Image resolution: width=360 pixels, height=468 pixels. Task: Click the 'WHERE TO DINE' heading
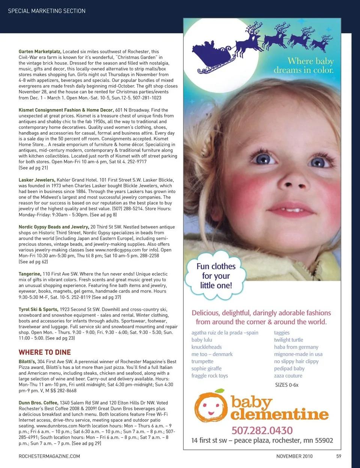click(x=45, y=352)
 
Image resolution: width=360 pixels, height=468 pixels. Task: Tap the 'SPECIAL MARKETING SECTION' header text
click(x=46, y=11)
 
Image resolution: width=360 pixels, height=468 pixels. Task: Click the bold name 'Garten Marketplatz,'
click(x=40, y=51)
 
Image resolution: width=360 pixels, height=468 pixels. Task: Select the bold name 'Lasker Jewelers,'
click(x=37, y=180)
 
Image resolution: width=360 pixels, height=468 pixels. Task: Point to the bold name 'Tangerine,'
click(x=30, y=274)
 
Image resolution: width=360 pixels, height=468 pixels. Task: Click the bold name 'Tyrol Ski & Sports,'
click(x=38, y=310)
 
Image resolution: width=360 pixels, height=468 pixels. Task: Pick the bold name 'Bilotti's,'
click(x=27, y=362)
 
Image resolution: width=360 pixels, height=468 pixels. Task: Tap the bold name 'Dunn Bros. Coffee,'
click(x=38, y=403)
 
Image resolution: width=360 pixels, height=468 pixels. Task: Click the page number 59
click(x=339, y=456)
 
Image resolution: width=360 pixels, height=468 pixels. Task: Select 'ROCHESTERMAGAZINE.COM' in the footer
click(x=49, y=456)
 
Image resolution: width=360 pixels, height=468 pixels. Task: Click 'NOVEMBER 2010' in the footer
click(x=294, y=456)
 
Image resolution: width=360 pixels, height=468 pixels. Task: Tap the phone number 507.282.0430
click(x=262, y=430)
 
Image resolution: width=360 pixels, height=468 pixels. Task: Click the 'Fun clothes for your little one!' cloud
click(x=216, y=276)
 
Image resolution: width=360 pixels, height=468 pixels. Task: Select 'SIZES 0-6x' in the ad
click(x=287, y=385)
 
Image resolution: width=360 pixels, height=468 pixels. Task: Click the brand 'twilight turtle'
click(x=288, y=340)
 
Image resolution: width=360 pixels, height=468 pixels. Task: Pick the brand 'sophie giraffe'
click(x=206, y=369)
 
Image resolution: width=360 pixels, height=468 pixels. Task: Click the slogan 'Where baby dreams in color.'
click(x=304, y=66)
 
